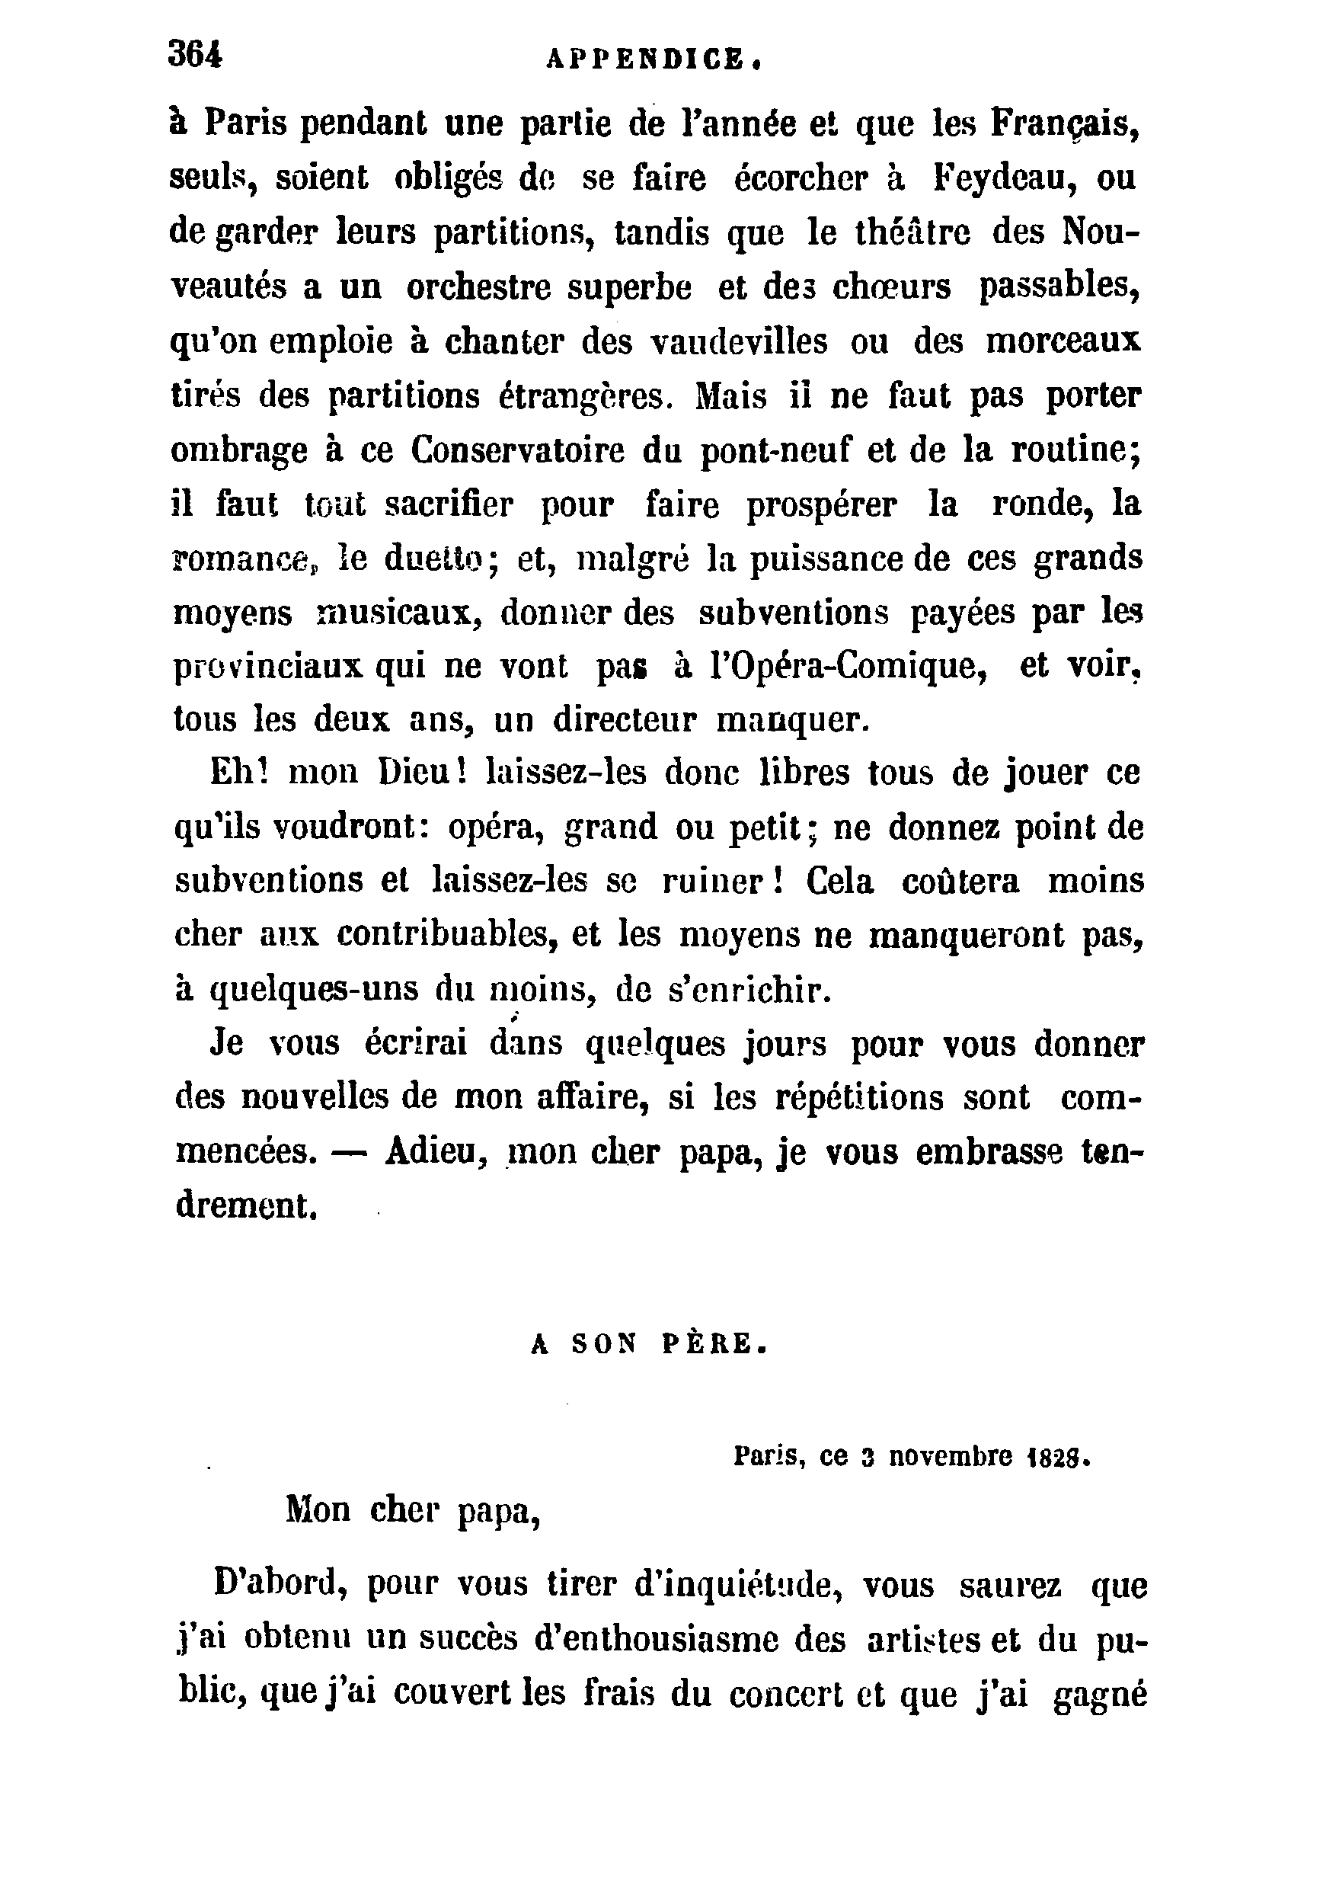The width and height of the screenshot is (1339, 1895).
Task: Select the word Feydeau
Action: (1005, 178)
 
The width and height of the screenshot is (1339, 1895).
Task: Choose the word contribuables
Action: (443, 934)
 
